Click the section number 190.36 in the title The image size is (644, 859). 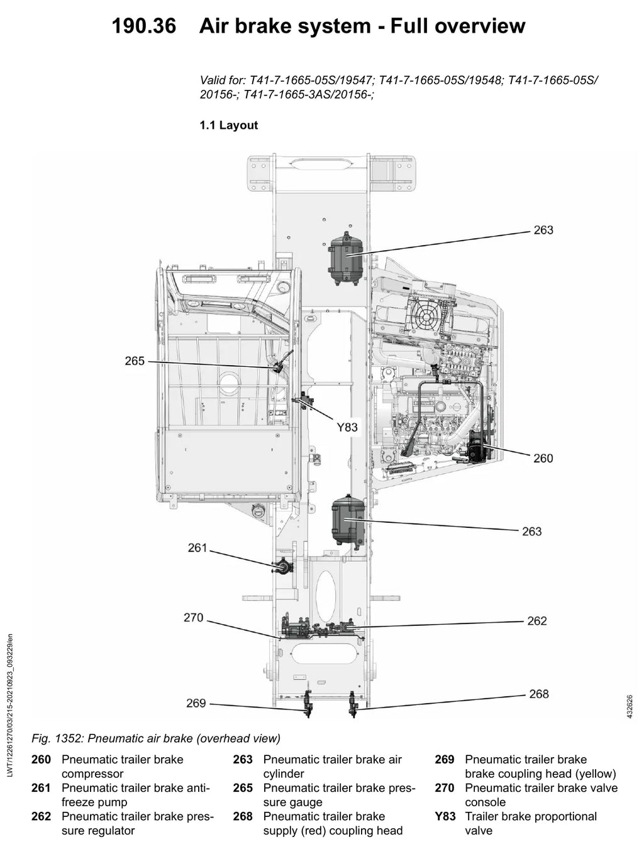point(144,26)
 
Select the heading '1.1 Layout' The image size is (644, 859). point(229,125)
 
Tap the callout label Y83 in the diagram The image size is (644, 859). point(347,427)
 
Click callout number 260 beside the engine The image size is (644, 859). point(543,458)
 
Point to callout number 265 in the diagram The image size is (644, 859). point(135,361)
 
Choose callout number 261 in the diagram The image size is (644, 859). point(197,547)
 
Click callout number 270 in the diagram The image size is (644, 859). point(194,618)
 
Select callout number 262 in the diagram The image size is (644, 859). point(536,621)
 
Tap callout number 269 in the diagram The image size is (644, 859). point(196,703)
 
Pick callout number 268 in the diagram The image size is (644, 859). point(539,694)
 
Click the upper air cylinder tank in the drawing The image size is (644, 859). point(345,258)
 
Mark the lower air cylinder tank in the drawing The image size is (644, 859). point(348,520)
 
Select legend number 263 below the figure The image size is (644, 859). point(243,760)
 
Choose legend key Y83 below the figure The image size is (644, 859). point(445,817)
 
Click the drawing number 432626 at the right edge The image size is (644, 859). point(630,707)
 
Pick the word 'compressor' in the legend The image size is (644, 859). point(92,774)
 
